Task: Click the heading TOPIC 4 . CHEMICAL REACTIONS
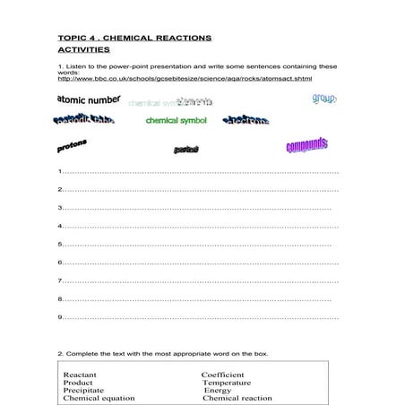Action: [134, 39]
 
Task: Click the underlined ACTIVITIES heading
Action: [84, 51]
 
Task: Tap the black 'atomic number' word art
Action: [89, 99]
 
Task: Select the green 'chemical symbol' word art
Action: [176, 120]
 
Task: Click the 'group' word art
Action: [323, 99]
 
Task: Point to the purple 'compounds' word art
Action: [306, 145]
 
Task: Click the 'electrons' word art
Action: [245, 121]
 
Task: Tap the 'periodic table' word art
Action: [84, 119]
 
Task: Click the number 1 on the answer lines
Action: [59, 171]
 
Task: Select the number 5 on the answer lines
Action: [59, 244]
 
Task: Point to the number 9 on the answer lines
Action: [59, 316]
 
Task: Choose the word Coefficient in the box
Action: [223, 374]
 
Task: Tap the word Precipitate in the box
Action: [83, 390]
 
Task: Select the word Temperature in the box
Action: [227, 382]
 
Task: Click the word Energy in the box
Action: [218, 390]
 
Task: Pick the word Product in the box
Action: [78, 382]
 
